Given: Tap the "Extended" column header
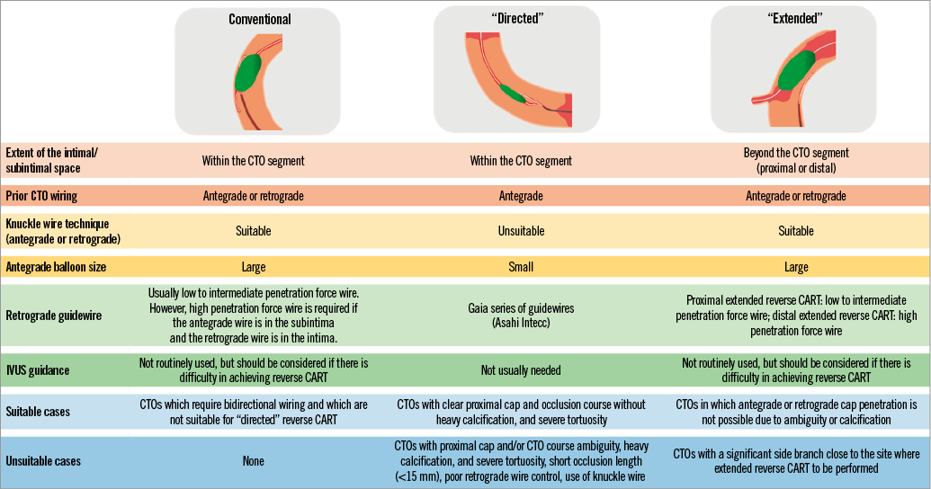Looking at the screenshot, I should click(793, 19).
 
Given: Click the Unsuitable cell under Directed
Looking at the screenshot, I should click(521, 231).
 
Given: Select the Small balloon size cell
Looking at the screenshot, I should click(521, 266).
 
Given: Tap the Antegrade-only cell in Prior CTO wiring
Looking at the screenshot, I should click(521, 196).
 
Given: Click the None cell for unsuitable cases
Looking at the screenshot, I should click(254, 461).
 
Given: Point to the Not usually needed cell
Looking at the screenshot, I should click(521, 369).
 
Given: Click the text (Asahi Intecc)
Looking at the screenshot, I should click(521, 321).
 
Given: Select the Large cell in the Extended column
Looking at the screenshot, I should click(796, 266).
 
